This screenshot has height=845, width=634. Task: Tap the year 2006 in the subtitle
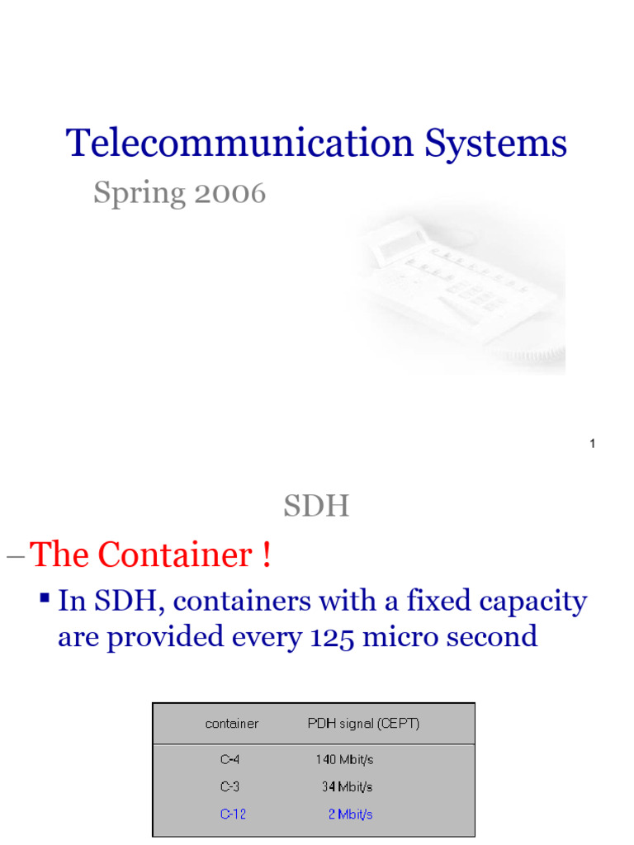(x=229, y=193)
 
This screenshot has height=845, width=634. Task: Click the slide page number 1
(x=593, y=445)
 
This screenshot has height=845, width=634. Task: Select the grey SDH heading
(x=316, y=507)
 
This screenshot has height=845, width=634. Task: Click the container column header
(x=232, y=724)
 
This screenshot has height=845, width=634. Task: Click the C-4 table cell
(x=230, y=759)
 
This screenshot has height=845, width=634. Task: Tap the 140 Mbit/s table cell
(x=346, y=759)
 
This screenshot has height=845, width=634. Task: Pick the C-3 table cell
(x=230, y=786)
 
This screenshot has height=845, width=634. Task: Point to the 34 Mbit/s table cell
(x=348, y=786)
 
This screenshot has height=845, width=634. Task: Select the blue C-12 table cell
(x=233, y=814)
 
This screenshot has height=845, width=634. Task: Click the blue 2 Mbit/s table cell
(x=351, y=814)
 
